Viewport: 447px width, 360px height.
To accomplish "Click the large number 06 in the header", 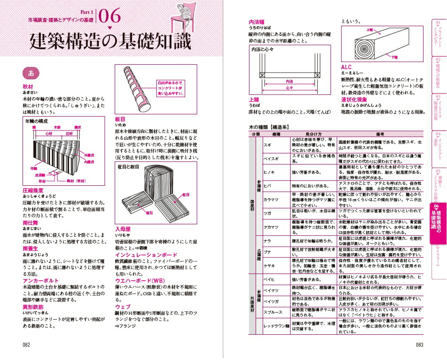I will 109,17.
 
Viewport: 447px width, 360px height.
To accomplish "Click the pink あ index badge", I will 31,73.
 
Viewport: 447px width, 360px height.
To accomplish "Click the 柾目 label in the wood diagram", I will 186,195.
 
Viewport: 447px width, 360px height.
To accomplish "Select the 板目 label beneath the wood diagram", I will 149,213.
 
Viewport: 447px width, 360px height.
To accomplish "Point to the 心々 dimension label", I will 289,88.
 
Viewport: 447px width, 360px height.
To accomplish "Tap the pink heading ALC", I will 346,67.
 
